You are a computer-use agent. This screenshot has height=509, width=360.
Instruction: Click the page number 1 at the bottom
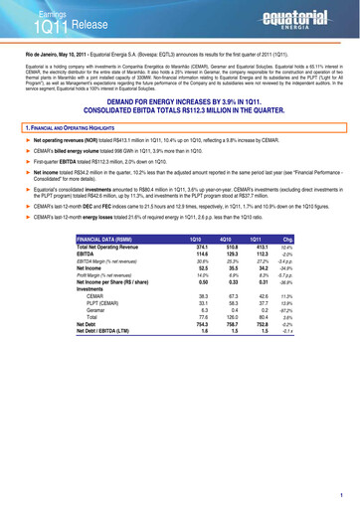pyautogui.click(x=339, y=494)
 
